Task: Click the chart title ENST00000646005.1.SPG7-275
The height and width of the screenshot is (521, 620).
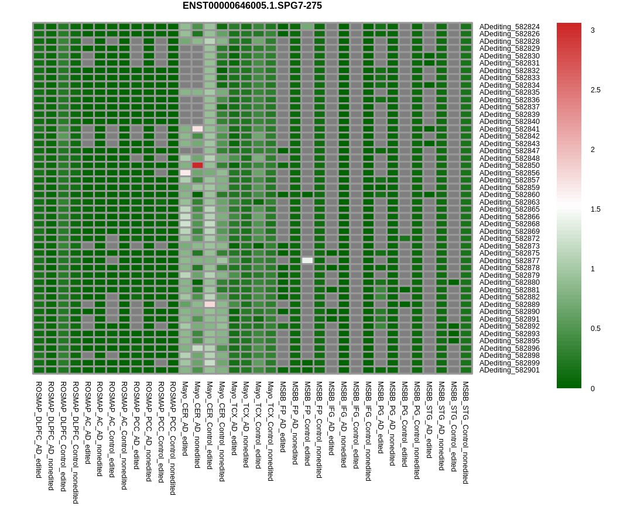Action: click(252, 6)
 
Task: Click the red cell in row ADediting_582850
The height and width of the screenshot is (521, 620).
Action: click(197, 165)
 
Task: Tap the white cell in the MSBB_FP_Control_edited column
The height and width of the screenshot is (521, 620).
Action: click(307, 260)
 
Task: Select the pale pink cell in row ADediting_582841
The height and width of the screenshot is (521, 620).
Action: click(197, 129)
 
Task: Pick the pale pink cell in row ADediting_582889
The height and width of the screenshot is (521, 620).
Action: click(210, 304)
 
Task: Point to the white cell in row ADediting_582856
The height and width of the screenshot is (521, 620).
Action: click(185, 172)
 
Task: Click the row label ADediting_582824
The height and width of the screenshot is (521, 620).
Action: click(509, 27)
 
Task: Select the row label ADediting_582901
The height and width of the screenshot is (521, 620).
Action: click(509, 370)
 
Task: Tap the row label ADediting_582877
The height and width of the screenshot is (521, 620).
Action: click(509, 261)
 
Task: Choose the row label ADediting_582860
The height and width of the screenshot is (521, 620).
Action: click(509, 195)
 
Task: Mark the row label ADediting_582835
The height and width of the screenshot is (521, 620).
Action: click(509, 92)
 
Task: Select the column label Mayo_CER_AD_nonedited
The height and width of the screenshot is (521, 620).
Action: click(197, 425)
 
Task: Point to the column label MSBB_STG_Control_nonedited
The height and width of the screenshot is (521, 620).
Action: click(466, 433)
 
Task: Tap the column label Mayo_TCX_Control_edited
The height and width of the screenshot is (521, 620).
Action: click(258, 425)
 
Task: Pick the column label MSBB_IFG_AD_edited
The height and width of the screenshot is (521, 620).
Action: click(331, 419)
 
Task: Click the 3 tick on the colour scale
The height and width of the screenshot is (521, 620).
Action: click(592, 30)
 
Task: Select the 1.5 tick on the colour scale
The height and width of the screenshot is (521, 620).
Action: click(595, 209)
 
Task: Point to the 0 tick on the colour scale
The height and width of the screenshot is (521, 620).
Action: click(592, 389)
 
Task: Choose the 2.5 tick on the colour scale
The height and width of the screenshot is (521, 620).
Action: click(595, 90)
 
